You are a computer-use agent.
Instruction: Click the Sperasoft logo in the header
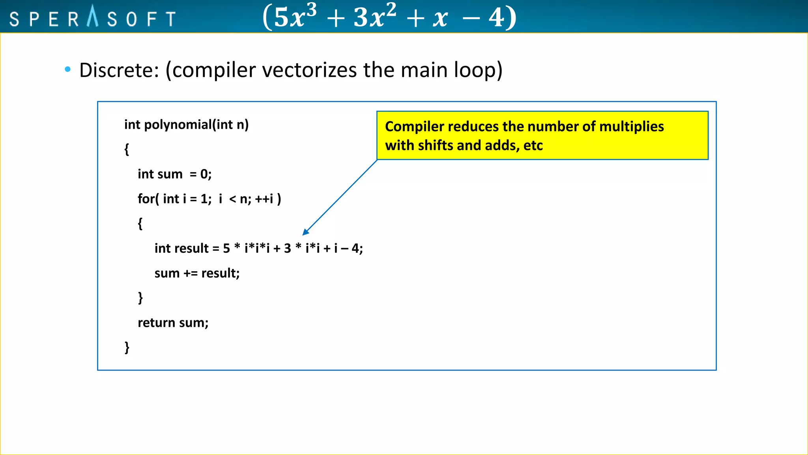pos(93,18)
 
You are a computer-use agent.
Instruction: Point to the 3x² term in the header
pos(374,17)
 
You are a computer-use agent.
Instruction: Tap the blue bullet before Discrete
pos(67,70)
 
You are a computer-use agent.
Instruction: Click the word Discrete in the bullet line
pos(118,70)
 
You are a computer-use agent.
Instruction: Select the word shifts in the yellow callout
pos(436,146)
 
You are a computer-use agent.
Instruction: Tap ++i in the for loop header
pos(264,199)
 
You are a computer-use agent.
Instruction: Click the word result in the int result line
pos(191,248)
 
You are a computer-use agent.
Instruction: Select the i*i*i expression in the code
pos(257,248)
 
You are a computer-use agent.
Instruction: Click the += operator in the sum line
pos(190,273)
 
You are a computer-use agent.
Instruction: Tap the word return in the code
pos(156,323)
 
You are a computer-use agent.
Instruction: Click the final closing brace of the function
pos(127,347)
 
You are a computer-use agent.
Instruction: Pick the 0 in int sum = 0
pos(204,174)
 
